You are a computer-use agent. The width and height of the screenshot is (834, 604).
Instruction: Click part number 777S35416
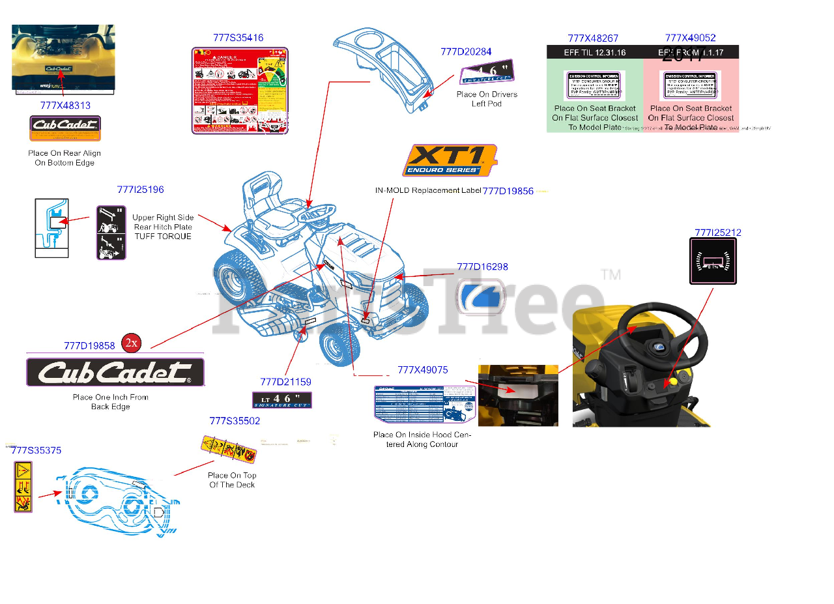[238, 38]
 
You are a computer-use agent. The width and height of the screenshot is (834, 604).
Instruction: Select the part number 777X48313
[65, 105]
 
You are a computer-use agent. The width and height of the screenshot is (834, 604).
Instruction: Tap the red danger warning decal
[240, 91]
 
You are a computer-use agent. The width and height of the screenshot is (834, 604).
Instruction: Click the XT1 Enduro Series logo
[449, 161]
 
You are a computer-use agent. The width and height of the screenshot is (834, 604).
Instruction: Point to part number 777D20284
[466, 51]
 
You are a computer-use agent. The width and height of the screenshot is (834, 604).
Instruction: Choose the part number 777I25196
[140, 190]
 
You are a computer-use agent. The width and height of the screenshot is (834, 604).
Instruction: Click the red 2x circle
[132, 343]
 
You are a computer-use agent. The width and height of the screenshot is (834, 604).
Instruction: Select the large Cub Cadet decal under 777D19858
[115, 372]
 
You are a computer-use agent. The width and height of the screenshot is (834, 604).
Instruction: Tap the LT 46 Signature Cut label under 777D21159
[281, 400]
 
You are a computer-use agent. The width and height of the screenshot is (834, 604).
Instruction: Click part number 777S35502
[235, 421]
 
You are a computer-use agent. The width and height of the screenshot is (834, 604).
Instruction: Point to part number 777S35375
[36, 450]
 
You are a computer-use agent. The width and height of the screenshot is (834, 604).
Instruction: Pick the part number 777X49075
[422, 370]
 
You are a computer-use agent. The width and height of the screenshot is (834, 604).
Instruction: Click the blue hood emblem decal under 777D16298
[480, 296]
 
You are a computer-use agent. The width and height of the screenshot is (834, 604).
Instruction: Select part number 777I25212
[717, 233]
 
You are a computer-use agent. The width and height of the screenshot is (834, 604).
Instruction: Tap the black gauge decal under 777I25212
[713, 261]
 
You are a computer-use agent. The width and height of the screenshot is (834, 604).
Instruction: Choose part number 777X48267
[593, 38]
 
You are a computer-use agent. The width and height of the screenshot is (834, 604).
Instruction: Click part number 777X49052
[690, 38]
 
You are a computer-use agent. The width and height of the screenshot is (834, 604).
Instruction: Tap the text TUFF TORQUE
[163, 237]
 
